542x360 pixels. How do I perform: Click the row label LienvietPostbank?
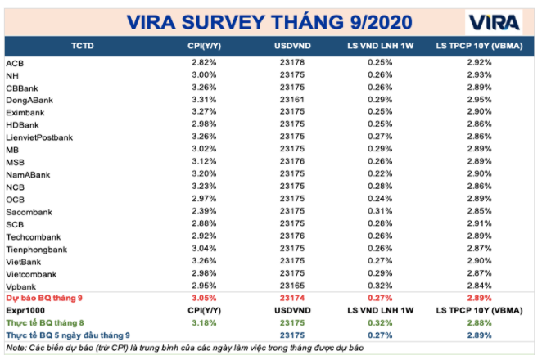click(x=39, y=137)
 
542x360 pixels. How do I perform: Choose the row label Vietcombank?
click(x=31, y=272)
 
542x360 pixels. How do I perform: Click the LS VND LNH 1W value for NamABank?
click(x=379, y=174)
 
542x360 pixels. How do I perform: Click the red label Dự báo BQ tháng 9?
click(x=47, y=299)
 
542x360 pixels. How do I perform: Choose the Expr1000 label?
click(x=26, y=311)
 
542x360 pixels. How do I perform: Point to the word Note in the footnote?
click(x=14, y=349)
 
